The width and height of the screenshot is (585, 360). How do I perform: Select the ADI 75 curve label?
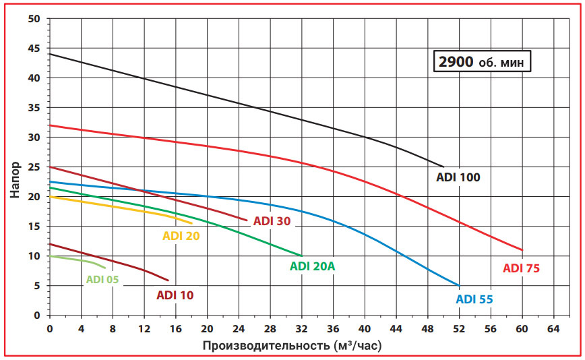521,268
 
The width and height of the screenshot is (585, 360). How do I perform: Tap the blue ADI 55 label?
479,299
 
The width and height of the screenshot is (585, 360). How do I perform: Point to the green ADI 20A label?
312,266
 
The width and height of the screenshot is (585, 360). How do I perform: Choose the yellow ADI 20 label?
181,236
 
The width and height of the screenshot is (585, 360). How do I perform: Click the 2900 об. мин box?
482,62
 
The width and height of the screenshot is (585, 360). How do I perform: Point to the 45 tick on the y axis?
35,49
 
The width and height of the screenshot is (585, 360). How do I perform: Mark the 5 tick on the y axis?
38,286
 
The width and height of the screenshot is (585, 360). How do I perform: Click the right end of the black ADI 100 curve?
443,167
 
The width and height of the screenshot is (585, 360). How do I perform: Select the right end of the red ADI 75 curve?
522,250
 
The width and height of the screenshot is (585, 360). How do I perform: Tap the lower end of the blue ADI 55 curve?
459,286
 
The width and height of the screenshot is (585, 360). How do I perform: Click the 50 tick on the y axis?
35,19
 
